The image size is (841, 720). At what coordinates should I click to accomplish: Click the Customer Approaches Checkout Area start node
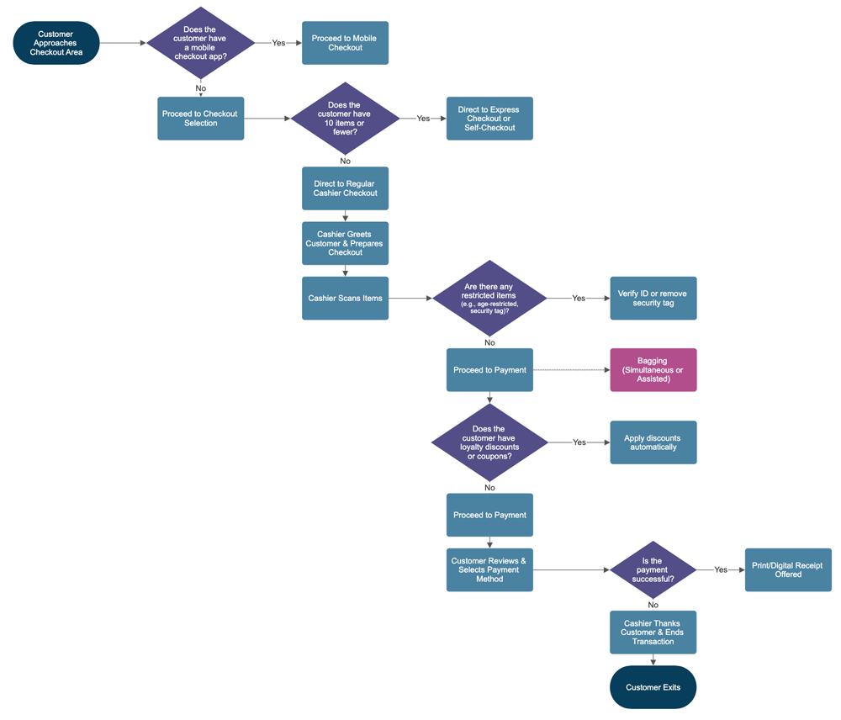[x=56, y=43]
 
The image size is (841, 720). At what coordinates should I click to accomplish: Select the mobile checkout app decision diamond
[x=200, y=43]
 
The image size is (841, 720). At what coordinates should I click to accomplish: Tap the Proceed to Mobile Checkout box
[x=345, y=43]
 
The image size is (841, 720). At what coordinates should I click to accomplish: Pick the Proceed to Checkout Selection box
[x=200, y=119]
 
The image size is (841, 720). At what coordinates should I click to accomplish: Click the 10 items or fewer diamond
[x=345, y=119]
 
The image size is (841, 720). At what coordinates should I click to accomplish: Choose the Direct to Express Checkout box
[x=489, y=119]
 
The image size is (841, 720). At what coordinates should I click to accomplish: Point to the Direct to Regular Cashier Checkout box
[x=345, y=188]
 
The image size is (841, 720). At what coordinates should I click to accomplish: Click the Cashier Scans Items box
[x=345, y=298]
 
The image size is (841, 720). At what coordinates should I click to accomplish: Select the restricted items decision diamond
[x=489, y=298]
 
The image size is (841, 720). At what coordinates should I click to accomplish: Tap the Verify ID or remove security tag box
[x=653, y=298]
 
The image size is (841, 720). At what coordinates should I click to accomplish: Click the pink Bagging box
[x=653, y=370]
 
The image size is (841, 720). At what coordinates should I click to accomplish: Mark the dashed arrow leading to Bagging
[x=572, y=370]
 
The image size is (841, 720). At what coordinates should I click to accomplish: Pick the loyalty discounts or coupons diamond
[x=489, y=442]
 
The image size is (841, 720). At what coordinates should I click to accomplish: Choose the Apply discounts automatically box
[x=653, y=442]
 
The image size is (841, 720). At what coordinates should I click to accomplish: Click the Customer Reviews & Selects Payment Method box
[x=489, y=569]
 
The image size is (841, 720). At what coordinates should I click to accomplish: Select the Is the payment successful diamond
[x=653, y=569]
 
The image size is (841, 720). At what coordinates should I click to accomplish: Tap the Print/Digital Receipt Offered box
[x=788, y=569]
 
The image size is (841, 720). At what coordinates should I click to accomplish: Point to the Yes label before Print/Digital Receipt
[x=721, y=569]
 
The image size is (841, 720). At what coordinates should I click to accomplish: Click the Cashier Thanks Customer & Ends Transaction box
[x=653, y=633]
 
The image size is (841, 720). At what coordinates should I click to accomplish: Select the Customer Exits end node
[x=653, y=687]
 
